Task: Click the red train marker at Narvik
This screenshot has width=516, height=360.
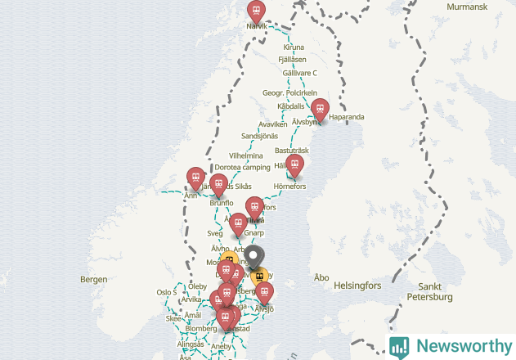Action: (x=257, y=11)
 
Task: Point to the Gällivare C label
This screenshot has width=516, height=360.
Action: (x=299, y=73)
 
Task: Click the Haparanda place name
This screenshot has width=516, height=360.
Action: (x=348, y=117)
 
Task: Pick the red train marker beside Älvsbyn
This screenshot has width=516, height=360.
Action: (x=321, y=108)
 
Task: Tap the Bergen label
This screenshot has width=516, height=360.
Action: (x=94, y=279)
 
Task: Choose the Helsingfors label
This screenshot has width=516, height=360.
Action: (x=357, y=286)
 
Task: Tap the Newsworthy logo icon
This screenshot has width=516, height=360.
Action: (x=399, y=346)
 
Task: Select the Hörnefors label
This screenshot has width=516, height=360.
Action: (x=289, y=187)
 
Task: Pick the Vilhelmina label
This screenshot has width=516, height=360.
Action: (x=245, y=155)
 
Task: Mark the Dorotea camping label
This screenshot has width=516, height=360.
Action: (x=242, y=167)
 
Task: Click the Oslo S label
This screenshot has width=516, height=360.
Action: (x=166, y=292)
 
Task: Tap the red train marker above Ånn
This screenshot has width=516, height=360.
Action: (x=195, y=177)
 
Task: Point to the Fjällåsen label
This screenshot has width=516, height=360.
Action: (x=292, y=60)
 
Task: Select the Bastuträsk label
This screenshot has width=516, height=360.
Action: (x=292, y=151)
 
